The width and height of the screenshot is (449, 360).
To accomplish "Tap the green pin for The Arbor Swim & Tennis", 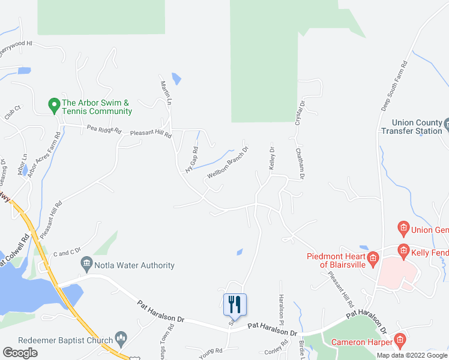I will click(x=53, y=103).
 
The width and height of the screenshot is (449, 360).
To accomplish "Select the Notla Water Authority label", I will click(x=135, y=265).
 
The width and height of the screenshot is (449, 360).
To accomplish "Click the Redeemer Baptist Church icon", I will click(x=121, y=340).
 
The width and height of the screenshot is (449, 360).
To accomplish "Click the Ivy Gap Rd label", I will click(x=191, y=160).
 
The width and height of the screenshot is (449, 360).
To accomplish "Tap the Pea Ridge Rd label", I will click(x=104, y=129).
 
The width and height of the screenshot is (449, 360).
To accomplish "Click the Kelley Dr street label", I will click(x=272, y=159).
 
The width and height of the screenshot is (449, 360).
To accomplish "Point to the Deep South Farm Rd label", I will click(x=394, y=85).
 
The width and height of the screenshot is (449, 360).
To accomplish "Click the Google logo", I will click(x=20, y=353).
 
